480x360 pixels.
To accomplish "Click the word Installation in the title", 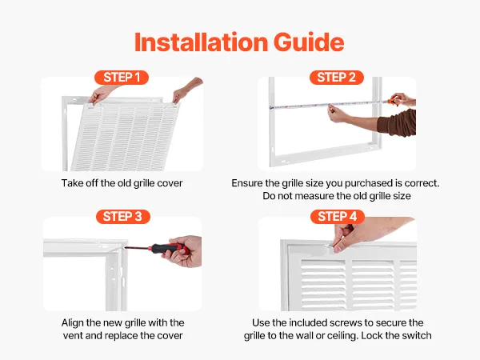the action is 202,42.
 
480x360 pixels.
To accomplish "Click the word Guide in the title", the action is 309,42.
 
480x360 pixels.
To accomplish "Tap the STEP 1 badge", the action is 122,78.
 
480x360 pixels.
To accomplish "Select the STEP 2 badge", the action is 337,78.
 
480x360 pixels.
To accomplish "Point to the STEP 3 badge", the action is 122,217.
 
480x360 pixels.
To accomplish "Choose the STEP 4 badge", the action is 338,217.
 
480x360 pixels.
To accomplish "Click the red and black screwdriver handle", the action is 168,248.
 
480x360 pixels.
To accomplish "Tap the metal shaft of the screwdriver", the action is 136,247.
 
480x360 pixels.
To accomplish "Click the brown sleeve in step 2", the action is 398,122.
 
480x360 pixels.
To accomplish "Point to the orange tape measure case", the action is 393,101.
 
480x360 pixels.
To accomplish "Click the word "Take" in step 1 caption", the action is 70,183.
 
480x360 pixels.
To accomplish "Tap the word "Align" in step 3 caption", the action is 72,322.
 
